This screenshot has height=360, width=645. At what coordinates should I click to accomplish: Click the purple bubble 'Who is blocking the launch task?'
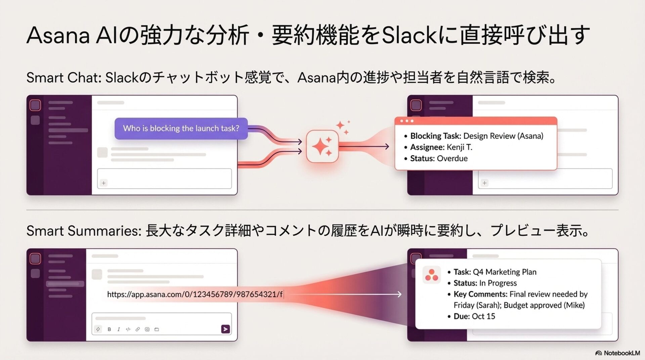tap(181, 128)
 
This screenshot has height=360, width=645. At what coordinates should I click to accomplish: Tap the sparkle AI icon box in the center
tap(322, 146)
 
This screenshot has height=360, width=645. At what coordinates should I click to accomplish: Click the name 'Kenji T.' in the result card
tap(459, 147)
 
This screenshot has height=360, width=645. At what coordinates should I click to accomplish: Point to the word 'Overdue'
tap(452, 159)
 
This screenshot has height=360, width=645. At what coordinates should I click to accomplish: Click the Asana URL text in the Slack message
tap(195, 295)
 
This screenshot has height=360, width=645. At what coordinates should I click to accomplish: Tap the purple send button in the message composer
tap(225, 329)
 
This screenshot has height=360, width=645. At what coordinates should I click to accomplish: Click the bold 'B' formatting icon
tap(109, 329)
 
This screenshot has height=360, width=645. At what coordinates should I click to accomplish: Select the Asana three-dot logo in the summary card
tap(431, 275)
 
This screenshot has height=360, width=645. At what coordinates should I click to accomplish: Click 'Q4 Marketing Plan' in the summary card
tap(505, 272)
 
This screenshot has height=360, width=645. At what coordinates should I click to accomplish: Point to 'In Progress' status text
tap(498, 283)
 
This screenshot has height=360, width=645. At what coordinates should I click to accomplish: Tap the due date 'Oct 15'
tap(483, 316)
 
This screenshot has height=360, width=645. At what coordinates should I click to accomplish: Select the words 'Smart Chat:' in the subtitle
tap(64, 78)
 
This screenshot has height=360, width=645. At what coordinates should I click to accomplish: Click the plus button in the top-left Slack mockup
tap(104, 183)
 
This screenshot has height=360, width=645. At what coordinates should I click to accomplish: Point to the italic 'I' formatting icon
tap(119, 329)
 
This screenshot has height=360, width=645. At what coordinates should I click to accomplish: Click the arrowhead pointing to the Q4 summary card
tap(399, 295)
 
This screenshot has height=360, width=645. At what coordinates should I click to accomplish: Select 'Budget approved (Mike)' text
tap(544, 305)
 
